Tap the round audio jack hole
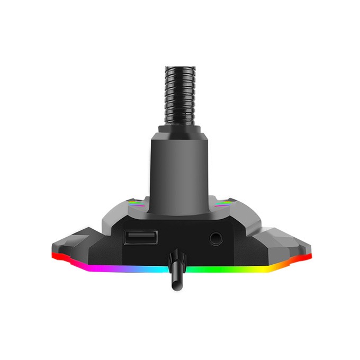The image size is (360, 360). [215, 238]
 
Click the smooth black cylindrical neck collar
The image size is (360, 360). [178, 169]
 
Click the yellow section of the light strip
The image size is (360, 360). [265, 267]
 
